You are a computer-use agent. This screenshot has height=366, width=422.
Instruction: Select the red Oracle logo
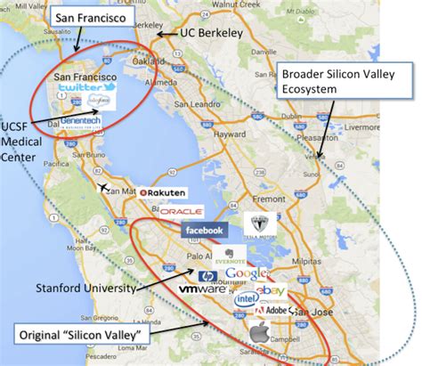pos(181,212)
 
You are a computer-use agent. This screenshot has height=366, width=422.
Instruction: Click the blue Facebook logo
pos(203,231)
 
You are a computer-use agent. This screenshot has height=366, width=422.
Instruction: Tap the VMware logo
pos(202,290)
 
